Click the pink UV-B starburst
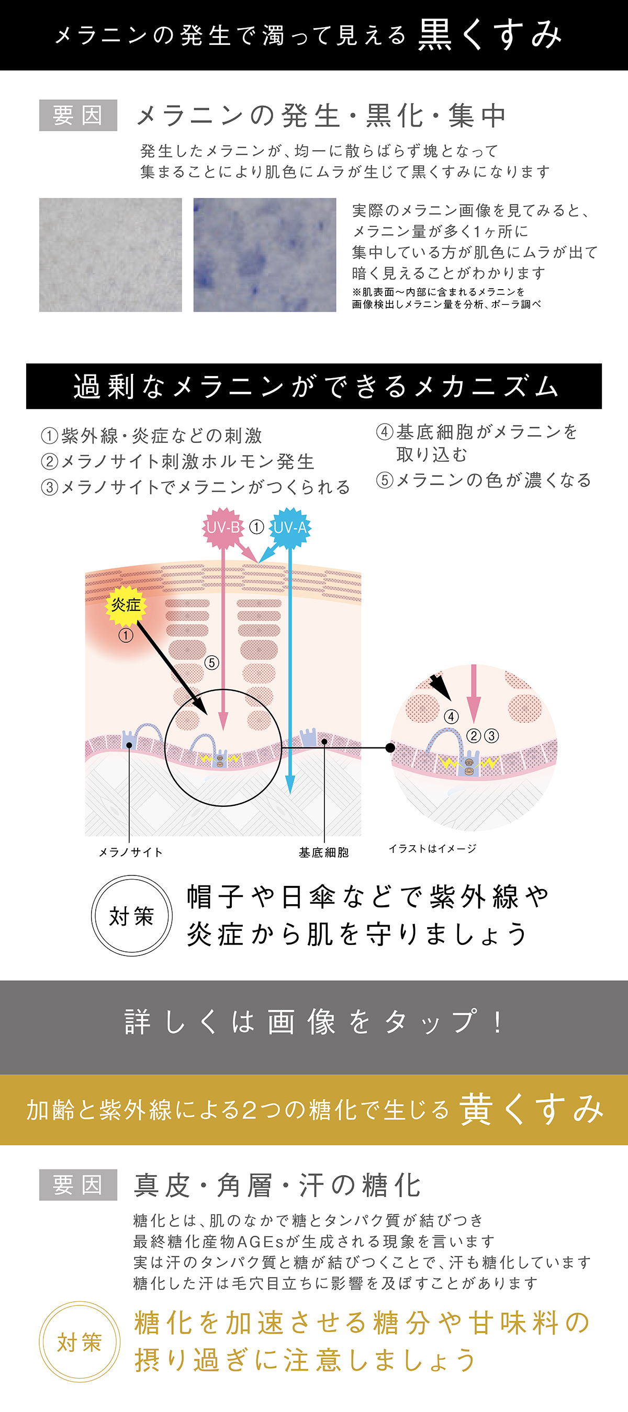[223, 527]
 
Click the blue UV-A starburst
[289, 527]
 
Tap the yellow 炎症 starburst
[126, 605]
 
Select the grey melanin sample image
[110, 255]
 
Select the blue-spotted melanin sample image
[264, 255]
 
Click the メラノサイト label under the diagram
[130, 852]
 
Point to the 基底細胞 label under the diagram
[323, 852]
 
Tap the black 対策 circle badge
[132, 916]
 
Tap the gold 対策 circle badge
[80, 1342]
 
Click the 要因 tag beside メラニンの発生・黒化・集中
[78, 115]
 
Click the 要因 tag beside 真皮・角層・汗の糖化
[78, 1185]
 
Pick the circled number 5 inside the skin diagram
[212, 663]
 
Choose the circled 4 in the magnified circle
[451, 716]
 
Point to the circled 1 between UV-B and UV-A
[256, 527]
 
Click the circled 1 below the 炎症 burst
[126, 635]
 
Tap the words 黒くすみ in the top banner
[490, 35]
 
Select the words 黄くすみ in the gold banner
[532, 1109]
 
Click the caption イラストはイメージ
[432, 849]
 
